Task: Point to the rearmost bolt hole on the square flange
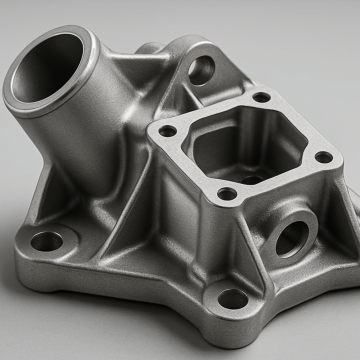(x=261, y=98)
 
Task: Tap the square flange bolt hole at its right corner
(x=322, y=156)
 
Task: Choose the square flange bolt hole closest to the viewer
(x=228, y=193)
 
